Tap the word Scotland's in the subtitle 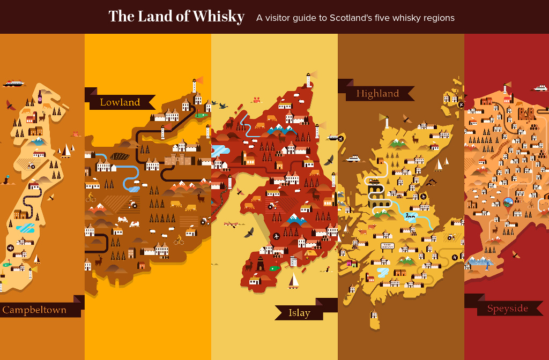[x=354, y=18]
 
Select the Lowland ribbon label [x=120, y=102]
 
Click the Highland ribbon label [x=377, y=94]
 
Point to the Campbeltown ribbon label [x=35, y=310]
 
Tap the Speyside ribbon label [x=507, y=309]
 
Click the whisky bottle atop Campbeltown [x=40, y=97]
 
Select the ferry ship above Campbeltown [x=14, y=84]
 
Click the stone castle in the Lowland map [x=179, y=159]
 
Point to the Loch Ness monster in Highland [x=411, y=216]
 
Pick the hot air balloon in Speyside [x=508, y=202]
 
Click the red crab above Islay [x=256, y=100]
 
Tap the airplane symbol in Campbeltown [x=11, y=247]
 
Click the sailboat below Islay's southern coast [x=294, y=281]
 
